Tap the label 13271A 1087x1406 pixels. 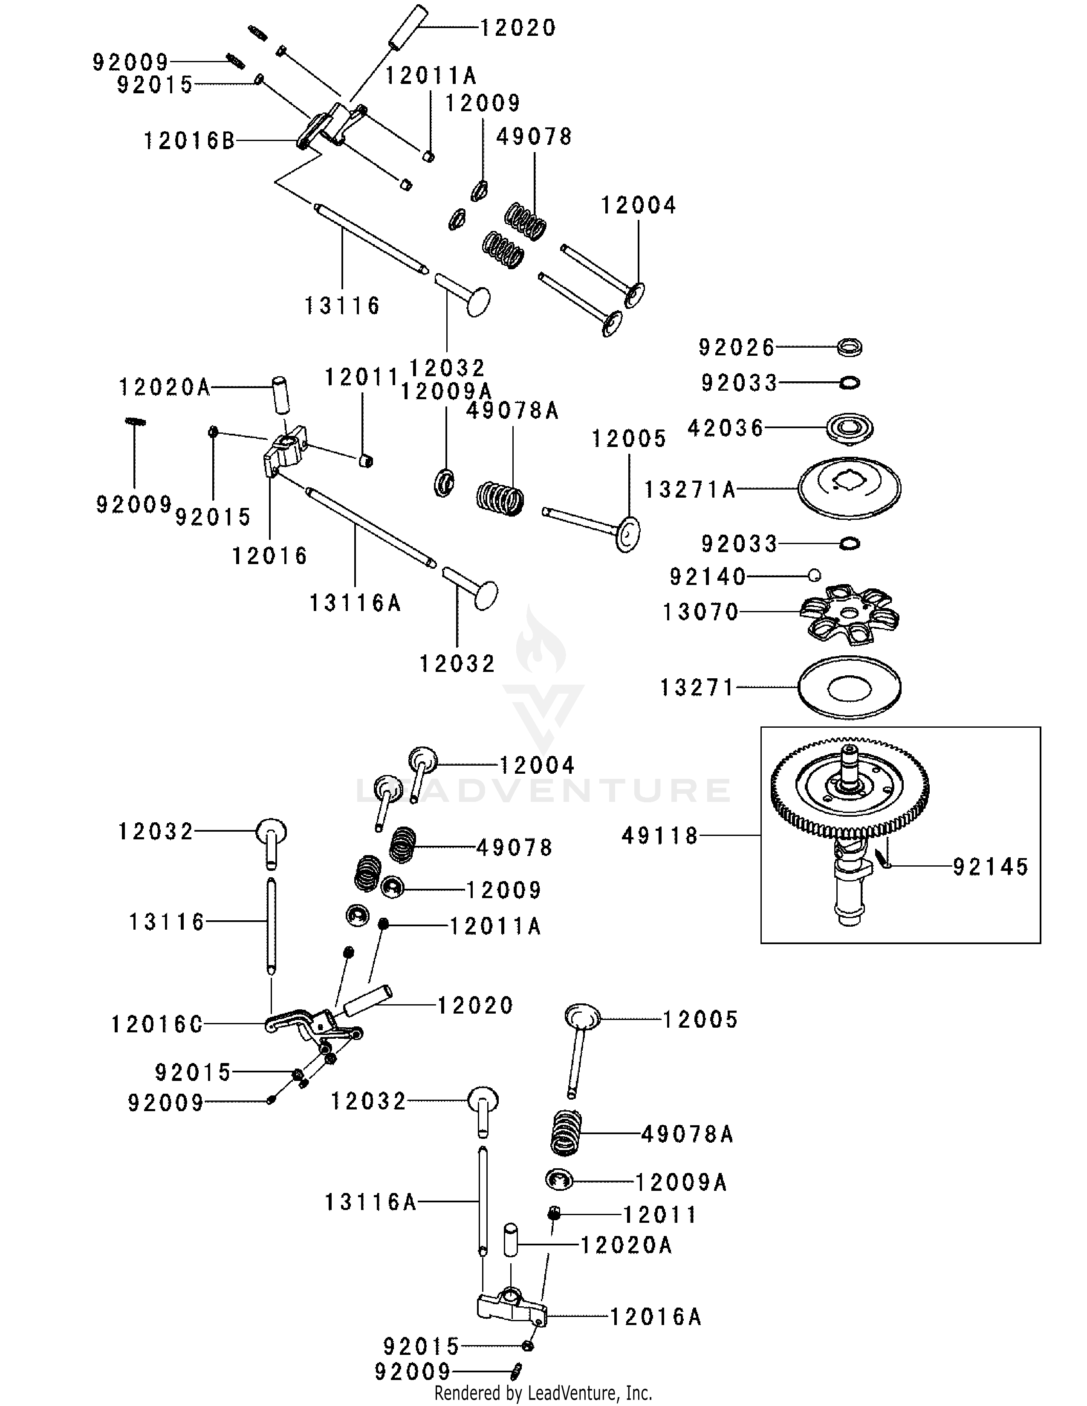click(690, 490)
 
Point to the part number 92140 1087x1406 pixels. click(708, 577)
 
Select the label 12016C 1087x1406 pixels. click(157, 1024)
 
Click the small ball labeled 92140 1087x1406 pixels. click(815, 575)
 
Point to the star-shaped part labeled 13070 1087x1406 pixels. click(850, 615)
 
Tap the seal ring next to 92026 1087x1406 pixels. click(850, 348)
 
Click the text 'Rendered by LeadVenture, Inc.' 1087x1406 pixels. click(543, 1394)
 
